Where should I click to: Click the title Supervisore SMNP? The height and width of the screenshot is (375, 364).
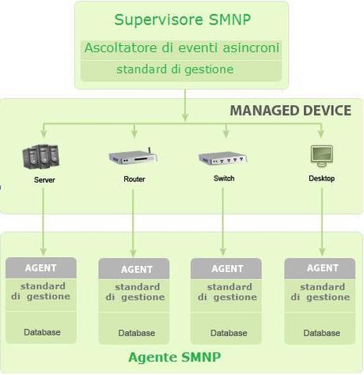pos(182,20)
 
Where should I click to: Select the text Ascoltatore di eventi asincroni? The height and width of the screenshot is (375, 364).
pos(182,48)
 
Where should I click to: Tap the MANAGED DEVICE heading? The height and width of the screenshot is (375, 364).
pos(290,110)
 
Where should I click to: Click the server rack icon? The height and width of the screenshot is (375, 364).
pos(42,155)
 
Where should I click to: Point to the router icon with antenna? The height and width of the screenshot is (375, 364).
pos(133,156)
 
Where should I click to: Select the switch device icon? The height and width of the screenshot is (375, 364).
pos(222,157)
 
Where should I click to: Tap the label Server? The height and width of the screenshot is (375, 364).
pos(44,180)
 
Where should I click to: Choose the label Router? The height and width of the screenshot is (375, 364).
pos(135,179)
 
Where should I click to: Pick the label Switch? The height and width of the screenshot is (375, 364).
pos(224,178)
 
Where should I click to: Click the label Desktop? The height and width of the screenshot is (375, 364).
pos(321,178)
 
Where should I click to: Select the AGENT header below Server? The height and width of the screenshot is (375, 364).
pos(40,268)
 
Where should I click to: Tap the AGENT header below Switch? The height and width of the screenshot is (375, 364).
pos(228,269)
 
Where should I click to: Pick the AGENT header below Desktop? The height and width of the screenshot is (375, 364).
pos(323,268)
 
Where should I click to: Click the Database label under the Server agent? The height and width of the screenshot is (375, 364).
pos(42,332)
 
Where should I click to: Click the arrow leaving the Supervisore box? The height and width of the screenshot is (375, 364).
pos(185,103)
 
